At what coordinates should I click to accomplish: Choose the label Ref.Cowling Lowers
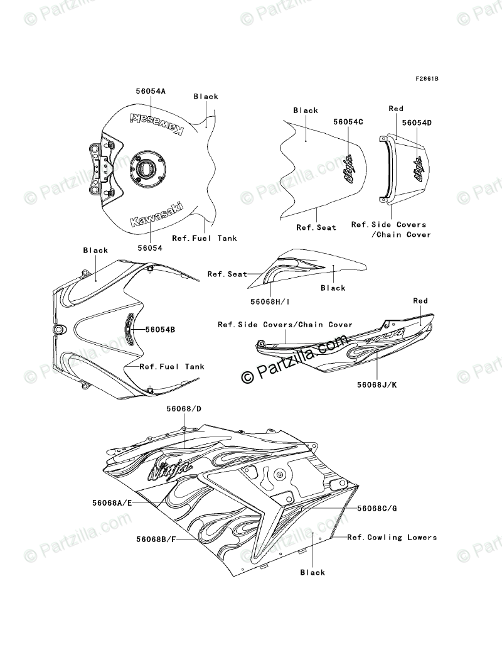click(x=392, y=538)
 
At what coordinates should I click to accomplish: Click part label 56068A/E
click(x=110, y=502)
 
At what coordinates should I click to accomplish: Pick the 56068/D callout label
click(x=184, y=409)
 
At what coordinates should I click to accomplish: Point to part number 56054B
click(x=160, y=329)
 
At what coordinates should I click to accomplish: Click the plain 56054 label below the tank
click(x=149, y=248)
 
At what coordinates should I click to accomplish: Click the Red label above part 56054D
click(x=396, y=109)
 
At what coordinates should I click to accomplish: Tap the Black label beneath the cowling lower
click(x=312, y=572)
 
